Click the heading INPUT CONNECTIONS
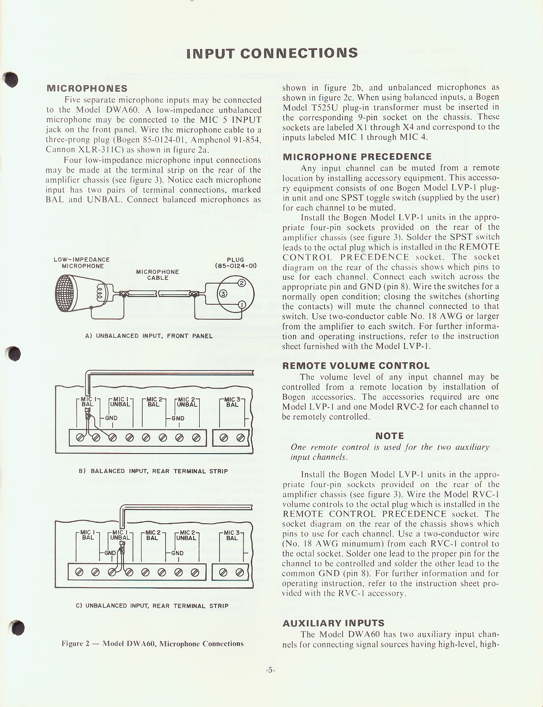[x=272, y=53]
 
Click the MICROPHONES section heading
[x=86, y=89]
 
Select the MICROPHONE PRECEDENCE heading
[x=357, y=157]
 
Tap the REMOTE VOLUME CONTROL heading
[x=356, y=366]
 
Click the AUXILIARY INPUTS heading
[x=333, y=623]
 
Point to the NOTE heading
[x=389, y=436]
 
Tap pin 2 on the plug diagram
[x=241, y=283]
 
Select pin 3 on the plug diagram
[x=223, y=294]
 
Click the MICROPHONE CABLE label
[x=157, y=275]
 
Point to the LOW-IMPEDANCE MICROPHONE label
[x=82, y=262]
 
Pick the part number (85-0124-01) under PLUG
[x=235, y=266]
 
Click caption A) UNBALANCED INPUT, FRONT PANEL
[x=149, y=336]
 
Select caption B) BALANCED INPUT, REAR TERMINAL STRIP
[x=153, y=471]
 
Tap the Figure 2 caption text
[x=153, y=644]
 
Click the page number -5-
[x=270, y=670]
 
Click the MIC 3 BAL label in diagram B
[x=232, y=402]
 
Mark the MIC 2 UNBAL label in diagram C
[x=187, y=535]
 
